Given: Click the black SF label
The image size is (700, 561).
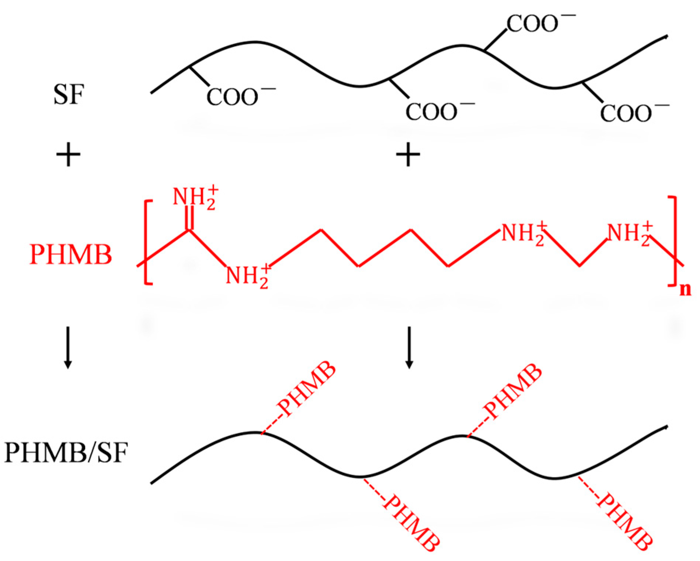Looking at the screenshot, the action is [x=69, y=95].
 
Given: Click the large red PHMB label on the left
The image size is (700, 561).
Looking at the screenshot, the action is [x=71, y=255].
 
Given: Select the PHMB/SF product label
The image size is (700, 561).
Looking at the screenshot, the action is [x=66, y=453].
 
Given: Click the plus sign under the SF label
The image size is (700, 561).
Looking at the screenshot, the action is [x=68, y=154].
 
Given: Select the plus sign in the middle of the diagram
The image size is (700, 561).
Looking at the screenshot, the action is [x=408, y=154].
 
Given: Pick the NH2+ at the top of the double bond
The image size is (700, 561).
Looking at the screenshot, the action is [x=195, y=198].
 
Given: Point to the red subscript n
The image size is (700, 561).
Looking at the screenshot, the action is [x=685, y=290].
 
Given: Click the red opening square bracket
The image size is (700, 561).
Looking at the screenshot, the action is [x=148, y=242].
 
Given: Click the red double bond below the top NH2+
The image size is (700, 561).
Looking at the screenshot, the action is [x=190, y=218].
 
